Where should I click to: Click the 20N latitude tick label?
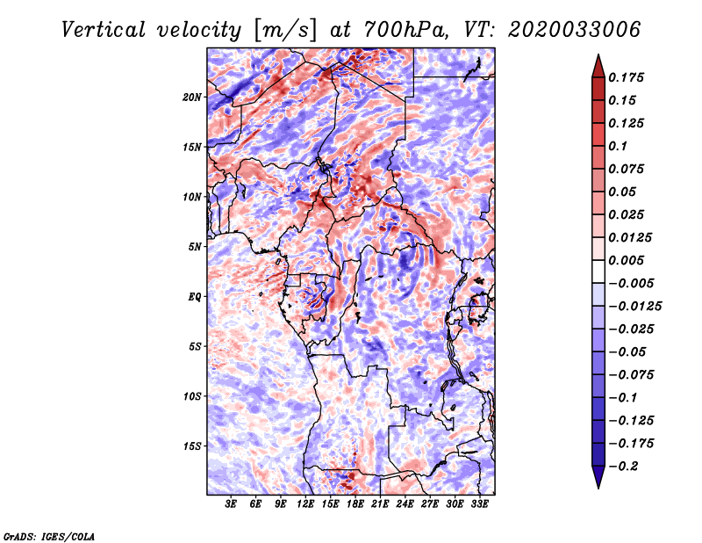pos(192,97)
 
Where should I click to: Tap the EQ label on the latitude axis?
pos(195,297)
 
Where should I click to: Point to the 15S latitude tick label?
pos(192,446)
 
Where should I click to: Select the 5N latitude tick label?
pos(195,247)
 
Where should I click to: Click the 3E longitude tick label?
pos(231,504)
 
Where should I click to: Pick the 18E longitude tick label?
pos(355,504)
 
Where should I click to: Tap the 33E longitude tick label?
pos(479,504)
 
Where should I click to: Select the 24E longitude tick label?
pos(405,504)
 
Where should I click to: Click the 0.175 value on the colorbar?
pos(626,77)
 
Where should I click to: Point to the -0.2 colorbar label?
pos(623,467)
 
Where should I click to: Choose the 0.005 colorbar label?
pos(626,260)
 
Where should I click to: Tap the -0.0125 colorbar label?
pos(634,307)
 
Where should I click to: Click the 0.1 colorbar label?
pos(618,146)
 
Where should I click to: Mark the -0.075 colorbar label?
pos(631,375)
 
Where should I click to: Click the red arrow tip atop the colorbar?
pos(598,54)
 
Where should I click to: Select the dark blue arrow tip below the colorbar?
pos(598,488)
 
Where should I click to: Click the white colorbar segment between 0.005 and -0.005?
pos(598,271)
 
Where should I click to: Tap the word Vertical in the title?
pos(103,30)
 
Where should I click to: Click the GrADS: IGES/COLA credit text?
pos(49,537)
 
